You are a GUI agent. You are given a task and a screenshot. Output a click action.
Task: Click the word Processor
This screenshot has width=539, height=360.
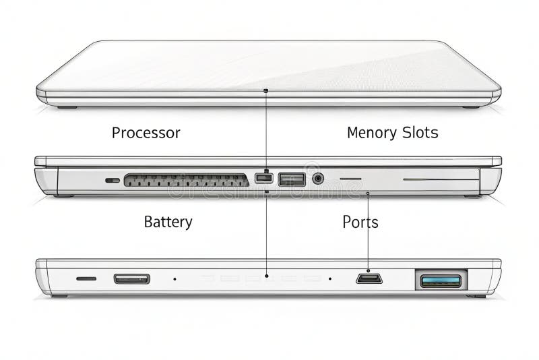coord(146,133)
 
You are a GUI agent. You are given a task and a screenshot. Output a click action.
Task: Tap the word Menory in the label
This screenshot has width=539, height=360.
coord(371,133)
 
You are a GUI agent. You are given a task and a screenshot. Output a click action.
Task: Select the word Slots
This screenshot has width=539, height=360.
coord(417,133)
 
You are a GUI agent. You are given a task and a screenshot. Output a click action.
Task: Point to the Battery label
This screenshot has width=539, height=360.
coord(168,222)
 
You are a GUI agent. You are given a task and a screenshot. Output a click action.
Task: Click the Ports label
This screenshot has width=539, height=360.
coord(360,222)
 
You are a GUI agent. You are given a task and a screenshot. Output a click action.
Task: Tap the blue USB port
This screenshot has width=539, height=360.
coord(441,280)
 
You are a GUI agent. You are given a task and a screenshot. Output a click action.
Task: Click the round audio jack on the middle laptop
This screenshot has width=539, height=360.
coord(318,179)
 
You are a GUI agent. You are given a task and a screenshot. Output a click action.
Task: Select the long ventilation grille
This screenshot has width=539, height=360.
coord(186,180)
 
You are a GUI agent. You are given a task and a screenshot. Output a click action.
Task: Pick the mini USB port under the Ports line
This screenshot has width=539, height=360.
coord(369,278)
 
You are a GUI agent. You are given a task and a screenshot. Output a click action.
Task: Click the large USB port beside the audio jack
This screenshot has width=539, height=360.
coord(292,179)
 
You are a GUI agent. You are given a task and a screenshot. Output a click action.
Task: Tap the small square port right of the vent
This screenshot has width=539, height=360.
coord(264,179)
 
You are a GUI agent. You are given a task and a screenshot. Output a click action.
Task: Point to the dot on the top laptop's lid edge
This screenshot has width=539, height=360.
coord(266,90)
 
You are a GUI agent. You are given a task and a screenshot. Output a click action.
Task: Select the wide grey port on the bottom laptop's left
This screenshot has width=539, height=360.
coord(131,278)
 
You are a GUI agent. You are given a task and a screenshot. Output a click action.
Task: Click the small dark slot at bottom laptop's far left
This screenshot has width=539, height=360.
coord(86,278)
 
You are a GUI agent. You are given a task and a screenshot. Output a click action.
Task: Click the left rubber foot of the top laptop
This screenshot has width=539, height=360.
coord(67,107)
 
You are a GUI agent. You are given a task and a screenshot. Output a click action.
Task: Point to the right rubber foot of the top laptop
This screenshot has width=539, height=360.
coord(472,107)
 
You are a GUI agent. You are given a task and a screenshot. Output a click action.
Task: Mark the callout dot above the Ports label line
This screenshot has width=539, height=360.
coord(367,193)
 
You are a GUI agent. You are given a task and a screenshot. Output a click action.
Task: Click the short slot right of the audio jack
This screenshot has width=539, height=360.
coord(350,179)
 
